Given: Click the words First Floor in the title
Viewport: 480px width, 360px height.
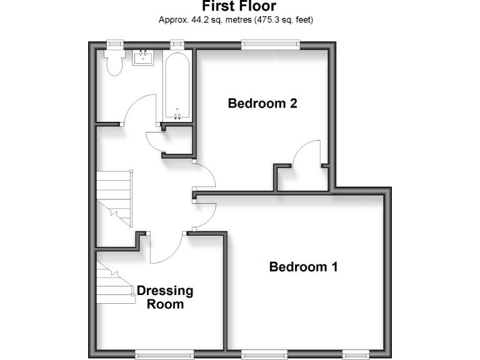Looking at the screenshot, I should tap(239, 6).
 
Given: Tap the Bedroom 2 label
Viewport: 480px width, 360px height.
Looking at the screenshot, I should tap(262, 104).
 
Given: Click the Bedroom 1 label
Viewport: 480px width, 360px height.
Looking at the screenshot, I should tap(303, 267).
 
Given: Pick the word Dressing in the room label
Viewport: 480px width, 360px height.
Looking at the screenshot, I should tap(165, 291).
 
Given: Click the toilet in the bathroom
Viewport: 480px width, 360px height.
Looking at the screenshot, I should tap(114, 62).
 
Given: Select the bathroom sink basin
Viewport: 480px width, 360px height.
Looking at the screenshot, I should tap(144, 59).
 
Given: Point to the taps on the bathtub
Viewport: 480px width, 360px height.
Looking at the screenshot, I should tap(177, 115).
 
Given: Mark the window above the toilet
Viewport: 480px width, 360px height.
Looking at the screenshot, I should tap(114, 43).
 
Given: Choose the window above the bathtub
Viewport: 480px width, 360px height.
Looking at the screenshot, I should tap(177, 43).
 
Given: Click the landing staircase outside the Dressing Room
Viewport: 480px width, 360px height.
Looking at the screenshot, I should tap(115, 197).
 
